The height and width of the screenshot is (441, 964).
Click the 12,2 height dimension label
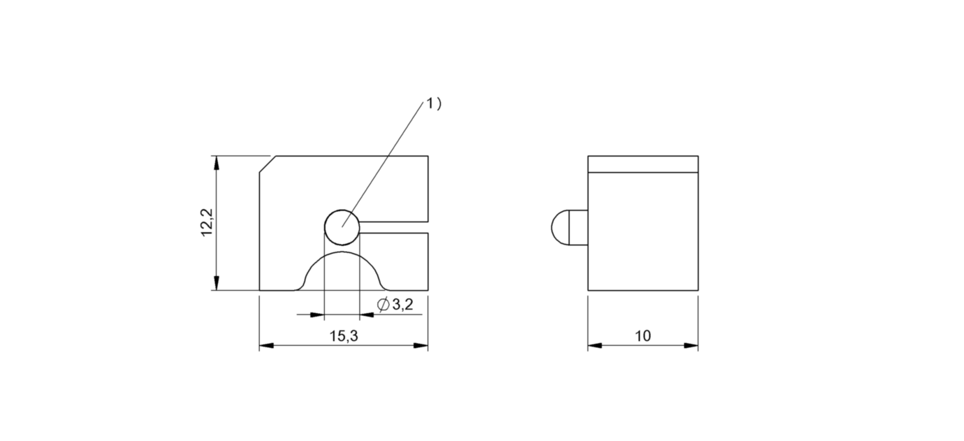tap(207, 222)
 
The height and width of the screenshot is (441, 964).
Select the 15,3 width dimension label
tap(344, 336)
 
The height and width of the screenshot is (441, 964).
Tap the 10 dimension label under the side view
tap(643, 336)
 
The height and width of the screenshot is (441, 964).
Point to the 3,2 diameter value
tap(402, 305)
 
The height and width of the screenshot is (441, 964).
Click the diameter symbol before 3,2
tap(383, 305)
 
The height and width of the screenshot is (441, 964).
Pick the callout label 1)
tap(434, 104)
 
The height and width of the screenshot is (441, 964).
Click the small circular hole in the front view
tap(342, 227)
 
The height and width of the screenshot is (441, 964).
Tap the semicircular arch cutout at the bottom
tap(342, 252)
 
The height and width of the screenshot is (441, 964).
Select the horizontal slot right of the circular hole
tap(394, 227)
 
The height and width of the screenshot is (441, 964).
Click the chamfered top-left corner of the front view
tap(268, 164)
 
